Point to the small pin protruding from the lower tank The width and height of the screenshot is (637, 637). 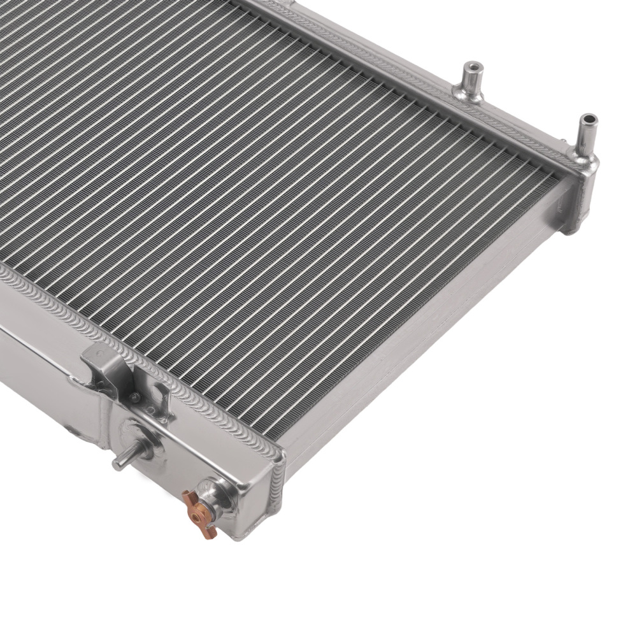click(123, 461)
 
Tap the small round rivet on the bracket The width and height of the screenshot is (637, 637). click(134, 397)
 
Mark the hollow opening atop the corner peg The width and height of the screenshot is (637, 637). click(589, 119)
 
